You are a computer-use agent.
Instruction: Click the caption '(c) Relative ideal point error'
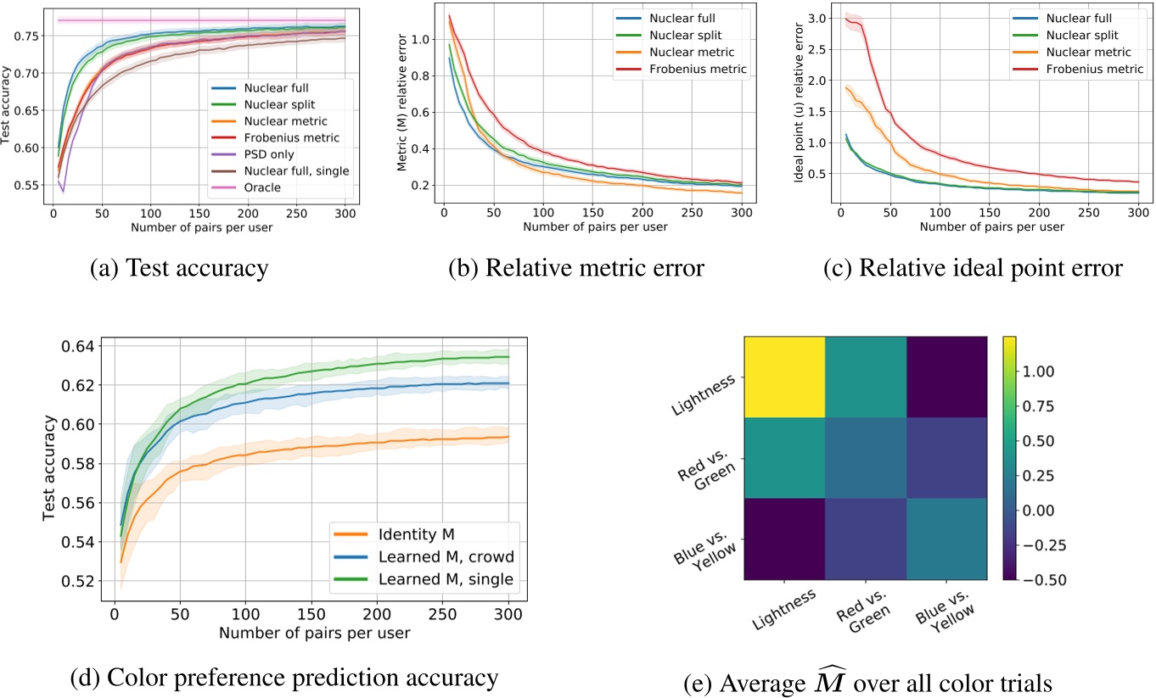point(974,269)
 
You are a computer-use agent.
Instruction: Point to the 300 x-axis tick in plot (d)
point(508,613)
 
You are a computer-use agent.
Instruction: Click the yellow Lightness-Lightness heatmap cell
point(784,377)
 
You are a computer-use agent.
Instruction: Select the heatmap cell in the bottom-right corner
point(946,539)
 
